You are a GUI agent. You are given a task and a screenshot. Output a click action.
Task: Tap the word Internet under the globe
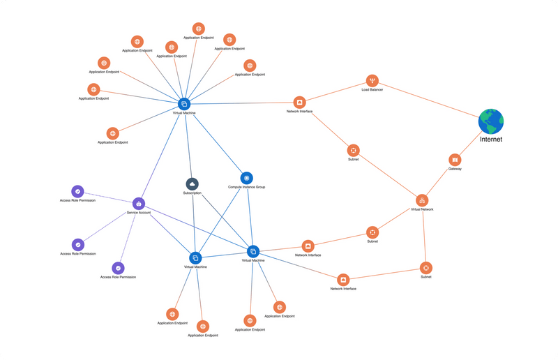point(491,140)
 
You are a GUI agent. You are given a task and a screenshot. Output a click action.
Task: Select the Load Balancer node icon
point(372,81)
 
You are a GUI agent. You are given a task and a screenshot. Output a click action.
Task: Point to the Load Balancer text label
point(372,90)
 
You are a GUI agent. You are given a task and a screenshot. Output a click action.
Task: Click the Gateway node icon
point(455,160)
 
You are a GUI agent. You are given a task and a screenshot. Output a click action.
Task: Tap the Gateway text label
point(455,169)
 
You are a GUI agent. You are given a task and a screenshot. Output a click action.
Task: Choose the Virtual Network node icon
point(422,200)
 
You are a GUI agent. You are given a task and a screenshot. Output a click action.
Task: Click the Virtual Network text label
point(422,209)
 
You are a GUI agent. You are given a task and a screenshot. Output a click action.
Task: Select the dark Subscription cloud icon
point(193,183)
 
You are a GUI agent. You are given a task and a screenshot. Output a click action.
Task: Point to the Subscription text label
point(193,193)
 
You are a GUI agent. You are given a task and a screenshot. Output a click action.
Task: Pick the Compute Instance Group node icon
point(246,179)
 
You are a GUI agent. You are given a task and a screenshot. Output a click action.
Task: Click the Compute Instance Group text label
point(246,187)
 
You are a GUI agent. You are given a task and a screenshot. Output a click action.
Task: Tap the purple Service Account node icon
point(139,204)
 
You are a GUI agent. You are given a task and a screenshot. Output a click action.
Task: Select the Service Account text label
point(139,212)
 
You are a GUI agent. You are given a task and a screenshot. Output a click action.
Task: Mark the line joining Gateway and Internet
point(471,142)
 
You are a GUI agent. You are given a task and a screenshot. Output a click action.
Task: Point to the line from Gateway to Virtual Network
point(439,180)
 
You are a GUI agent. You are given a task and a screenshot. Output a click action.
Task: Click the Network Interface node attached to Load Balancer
point(299,103)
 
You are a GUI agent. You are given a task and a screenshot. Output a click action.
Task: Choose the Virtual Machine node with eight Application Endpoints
point(184,103)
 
